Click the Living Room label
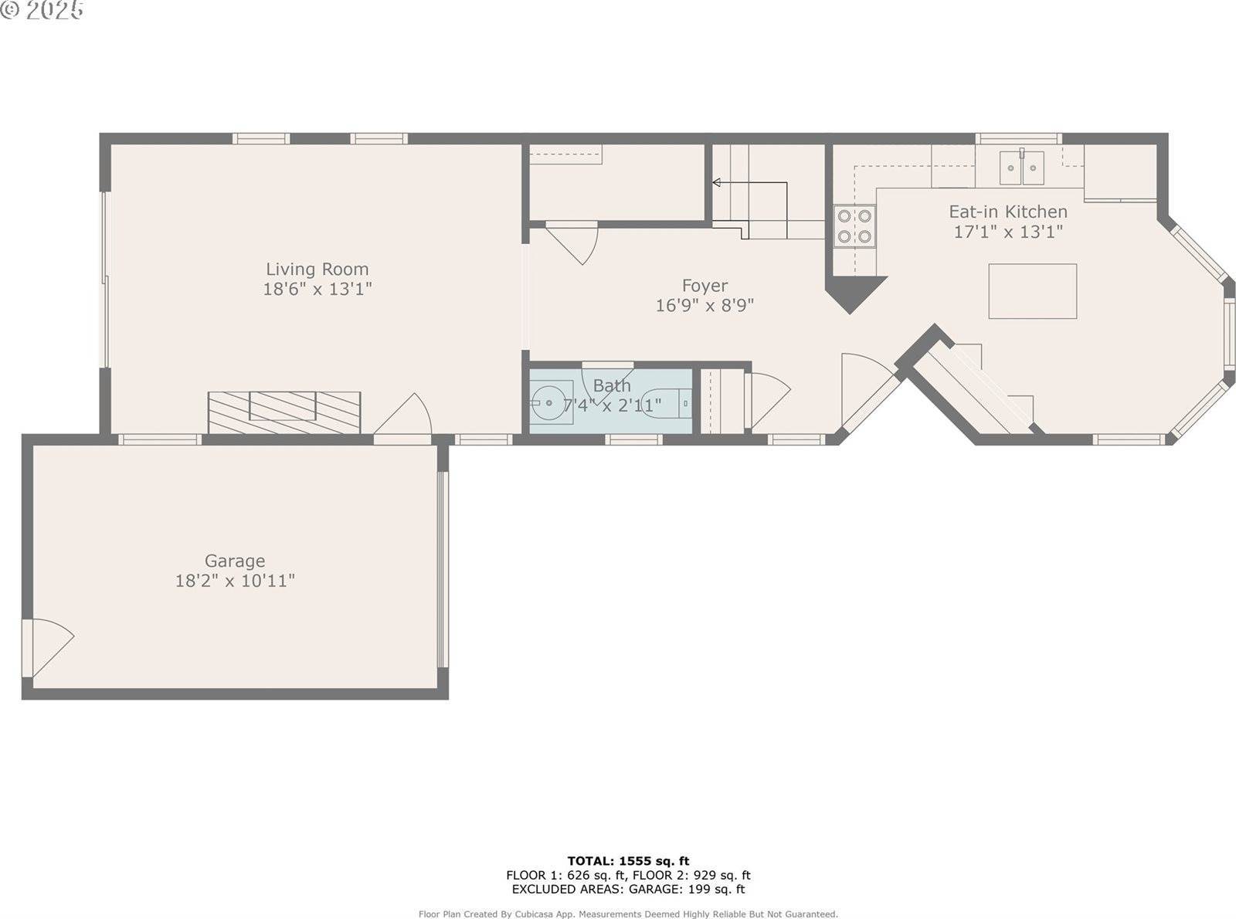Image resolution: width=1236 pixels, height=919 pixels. point(317,270)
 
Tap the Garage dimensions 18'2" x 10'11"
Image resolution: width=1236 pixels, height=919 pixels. point(235,581)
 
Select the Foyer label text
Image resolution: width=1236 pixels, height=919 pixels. point(705,286)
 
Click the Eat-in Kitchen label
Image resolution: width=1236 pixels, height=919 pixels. point(1008,212)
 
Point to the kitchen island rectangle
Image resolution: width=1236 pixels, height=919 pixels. point(1033,291)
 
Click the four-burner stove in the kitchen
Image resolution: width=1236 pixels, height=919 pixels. point(854,226)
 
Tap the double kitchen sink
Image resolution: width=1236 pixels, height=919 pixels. point(1021,168)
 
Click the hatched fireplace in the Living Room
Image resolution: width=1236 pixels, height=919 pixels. point(284,412)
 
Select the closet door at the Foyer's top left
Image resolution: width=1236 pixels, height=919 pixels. point(573,241)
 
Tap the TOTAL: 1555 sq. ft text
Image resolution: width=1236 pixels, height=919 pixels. point(628,861)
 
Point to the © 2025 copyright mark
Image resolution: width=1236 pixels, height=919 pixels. point(42,10)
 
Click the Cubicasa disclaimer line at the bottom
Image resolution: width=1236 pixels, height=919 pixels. point(628,914)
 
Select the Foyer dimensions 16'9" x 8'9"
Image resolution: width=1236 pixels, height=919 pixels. point(705,306)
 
